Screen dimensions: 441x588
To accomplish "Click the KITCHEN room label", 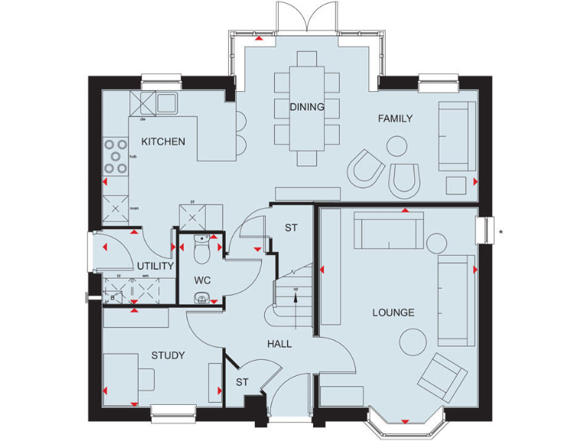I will click(x=162, y=142).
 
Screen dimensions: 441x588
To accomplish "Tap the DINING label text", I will click(x=306, y=107).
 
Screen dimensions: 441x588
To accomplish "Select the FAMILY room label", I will click(x=395, y=119).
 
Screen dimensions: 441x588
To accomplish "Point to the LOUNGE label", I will click(x=394, y=312).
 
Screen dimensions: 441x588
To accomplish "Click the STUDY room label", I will click(x=168, y=355).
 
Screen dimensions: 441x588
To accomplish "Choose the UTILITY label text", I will click(x=155, y=266).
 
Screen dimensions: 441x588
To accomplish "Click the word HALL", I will click(x=279, y=345).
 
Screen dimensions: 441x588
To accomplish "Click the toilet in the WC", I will click(x=202, y=250).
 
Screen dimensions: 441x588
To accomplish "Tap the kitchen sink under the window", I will click(x=166, y=103).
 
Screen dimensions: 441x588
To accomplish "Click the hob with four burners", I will click(x=116, y=155).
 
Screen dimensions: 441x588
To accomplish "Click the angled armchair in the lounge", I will click(x=443, y=377).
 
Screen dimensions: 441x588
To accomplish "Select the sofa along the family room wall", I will click(x=456, y=136).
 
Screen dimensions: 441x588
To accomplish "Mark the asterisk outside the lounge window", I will click(x=500, y=230).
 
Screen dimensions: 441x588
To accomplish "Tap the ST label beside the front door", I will click(x=242, y=382).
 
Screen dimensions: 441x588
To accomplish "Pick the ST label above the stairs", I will click(x=291, y=228).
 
